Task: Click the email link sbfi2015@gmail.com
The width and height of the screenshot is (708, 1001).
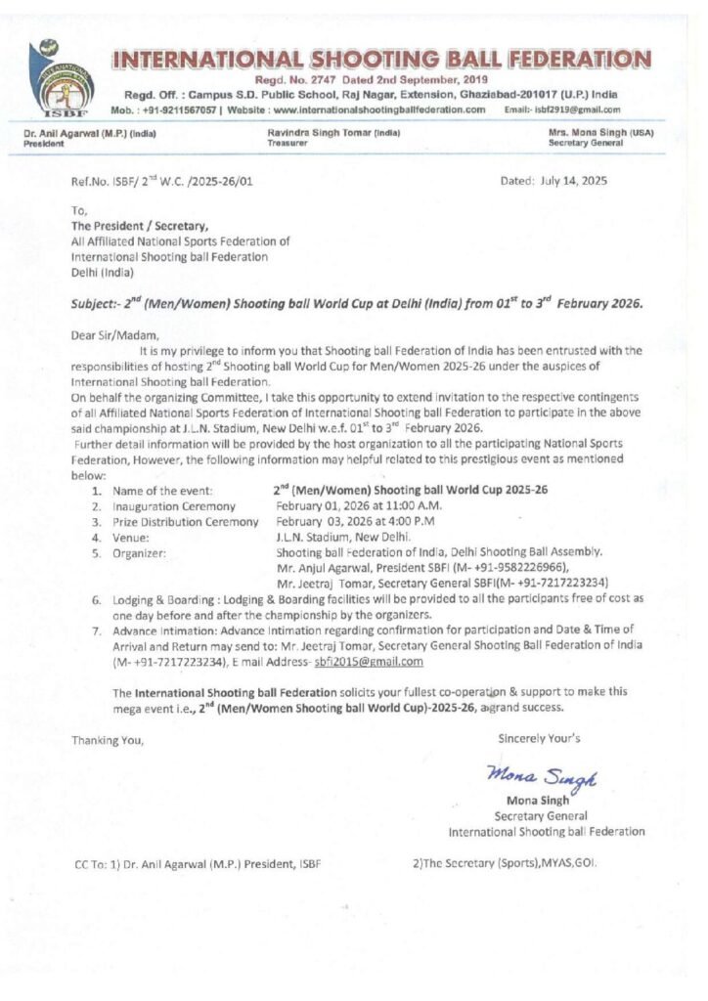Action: coord(355,662)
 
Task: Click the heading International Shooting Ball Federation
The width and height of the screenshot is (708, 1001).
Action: coord(380,60)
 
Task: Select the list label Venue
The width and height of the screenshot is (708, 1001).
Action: coord(131,537)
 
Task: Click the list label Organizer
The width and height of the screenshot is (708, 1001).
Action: coord(139,552)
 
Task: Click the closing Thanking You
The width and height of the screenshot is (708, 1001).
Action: coord(108,739)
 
